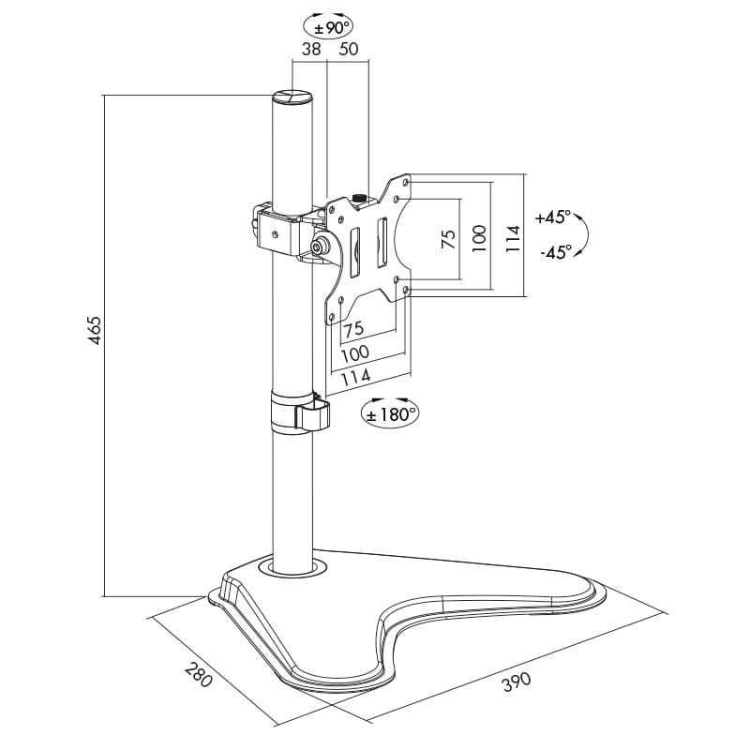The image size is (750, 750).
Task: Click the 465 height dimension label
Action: pos(96,331)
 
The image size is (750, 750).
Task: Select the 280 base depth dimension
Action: pos(198,674)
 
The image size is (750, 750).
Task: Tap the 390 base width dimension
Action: pos(517,682)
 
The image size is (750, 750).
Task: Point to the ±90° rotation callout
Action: pos(329,28)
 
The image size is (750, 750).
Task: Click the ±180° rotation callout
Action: pos(390,414)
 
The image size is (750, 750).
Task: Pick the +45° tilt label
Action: pos(553,217)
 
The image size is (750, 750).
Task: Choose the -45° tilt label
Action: pos(556,252)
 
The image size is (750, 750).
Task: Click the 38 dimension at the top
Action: pos(311,49)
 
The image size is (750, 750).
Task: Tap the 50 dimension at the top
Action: pos(348,49)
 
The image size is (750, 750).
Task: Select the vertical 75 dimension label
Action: pos(448,239)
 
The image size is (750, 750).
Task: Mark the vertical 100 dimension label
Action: pos(479,239)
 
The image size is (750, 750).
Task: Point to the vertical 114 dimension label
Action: pos(512,239)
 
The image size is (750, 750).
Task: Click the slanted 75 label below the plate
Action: pos(354,330)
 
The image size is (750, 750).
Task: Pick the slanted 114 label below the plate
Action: pos(356,377)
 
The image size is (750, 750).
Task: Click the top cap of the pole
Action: pos(292,96)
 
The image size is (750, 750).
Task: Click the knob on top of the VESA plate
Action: pos(358,199)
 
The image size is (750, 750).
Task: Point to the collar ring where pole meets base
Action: pos(292,568)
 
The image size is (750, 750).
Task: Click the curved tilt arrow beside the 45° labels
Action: pos(585,234)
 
